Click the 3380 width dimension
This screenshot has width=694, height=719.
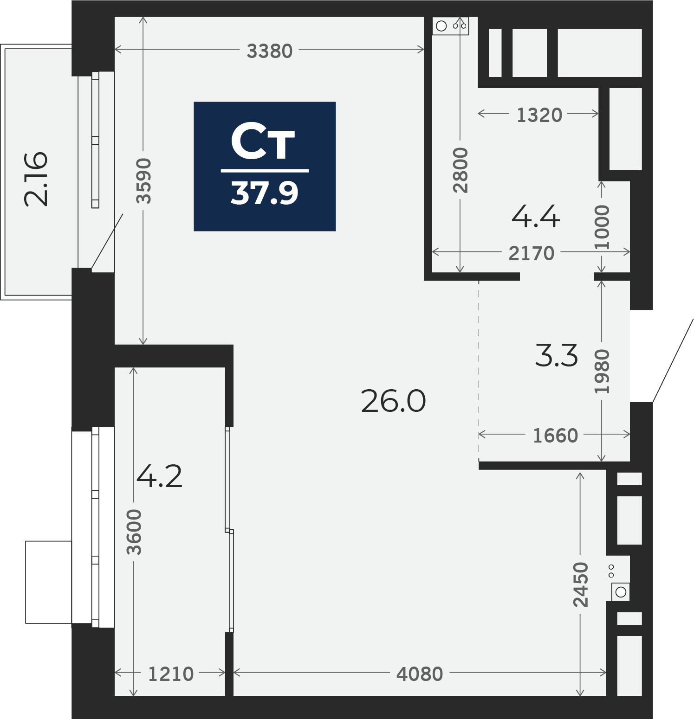[270, 51]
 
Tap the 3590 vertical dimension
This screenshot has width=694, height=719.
[144, 180]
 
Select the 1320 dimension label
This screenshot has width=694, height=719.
[539, 115]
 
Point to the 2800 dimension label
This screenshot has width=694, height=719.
[461, 170]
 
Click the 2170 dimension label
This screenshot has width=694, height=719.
[532, 253]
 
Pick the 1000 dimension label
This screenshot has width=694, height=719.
[602, 227]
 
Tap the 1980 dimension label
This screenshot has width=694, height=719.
[602, 372]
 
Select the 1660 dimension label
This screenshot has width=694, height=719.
[555, 436]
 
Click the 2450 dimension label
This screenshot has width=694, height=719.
[581, 584]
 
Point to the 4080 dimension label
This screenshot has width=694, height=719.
[420, 674]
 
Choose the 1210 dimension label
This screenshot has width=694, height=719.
[170, 674]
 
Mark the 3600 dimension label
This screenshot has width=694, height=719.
[134, 532]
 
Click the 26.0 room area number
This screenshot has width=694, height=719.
[393, 401]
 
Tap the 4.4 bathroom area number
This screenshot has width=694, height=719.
[536, 217]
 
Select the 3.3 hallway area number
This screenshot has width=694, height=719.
[557, 356]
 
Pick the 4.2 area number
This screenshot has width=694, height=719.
[160, 476]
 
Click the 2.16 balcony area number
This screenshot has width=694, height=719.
[36, 179]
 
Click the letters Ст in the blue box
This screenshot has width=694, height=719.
[263, 141]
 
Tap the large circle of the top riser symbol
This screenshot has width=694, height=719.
[441, 26]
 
